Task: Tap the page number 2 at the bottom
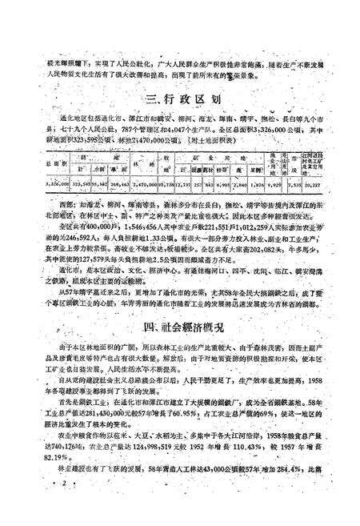pyautogui.click(x=62, y=508)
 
